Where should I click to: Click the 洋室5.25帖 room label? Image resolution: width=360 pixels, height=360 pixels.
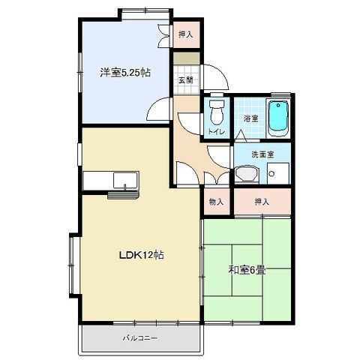[x=125, y=73]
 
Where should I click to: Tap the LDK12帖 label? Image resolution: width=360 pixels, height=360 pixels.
[x=141, y=255]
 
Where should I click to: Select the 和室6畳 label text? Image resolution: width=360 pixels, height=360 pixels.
[x=247, y=270]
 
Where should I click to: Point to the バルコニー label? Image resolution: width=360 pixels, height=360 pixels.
[x=140, y=338]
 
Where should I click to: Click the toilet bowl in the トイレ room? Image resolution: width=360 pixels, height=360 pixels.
[x=217, y=112]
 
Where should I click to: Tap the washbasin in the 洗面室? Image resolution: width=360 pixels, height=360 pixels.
[x=247, y=174]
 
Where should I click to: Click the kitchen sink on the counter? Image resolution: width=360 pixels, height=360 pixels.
[x=125, y=180]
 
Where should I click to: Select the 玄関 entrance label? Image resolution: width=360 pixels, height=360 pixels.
[x=185, y=80]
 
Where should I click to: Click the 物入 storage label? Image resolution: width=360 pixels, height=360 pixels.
[x=216, y=202]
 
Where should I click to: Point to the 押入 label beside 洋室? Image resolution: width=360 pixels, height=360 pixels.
[x=186, y=34]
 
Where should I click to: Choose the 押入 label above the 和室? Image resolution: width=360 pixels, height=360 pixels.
[x=262, y=202]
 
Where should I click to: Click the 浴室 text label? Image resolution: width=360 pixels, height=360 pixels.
[x=250, y=118]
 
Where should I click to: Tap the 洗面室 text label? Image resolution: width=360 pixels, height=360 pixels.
[x=262, y=154]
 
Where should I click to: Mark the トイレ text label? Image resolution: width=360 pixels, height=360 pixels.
[x=217, y=131]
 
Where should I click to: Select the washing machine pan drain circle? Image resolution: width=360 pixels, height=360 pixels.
[x=272, y=173]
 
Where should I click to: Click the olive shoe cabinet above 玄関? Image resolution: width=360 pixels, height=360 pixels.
[x=187, y=58]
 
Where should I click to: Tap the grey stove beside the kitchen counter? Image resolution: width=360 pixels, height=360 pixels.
[x=123, y=195]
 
